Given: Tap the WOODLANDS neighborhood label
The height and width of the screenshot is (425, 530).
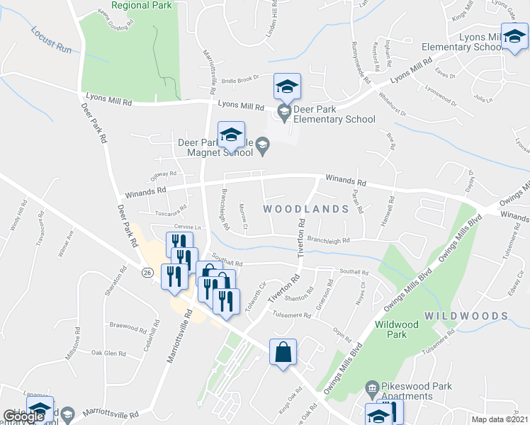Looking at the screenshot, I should (306, 210).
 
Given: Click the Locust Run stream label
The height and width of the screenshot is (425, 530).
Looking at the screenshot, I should (52, 41).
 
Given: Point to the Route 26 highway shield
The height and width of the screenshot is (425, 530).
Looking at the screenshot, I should (147, 272).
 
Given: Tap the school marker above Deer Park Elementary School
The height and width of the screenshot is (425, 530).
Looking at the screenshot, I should (287, 88).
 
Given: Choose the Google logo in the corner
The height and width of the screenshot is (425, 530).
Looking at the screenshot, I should (23, 416).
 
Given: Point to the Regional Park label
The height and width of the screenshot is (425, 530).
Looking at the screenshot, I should (142, 6).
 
